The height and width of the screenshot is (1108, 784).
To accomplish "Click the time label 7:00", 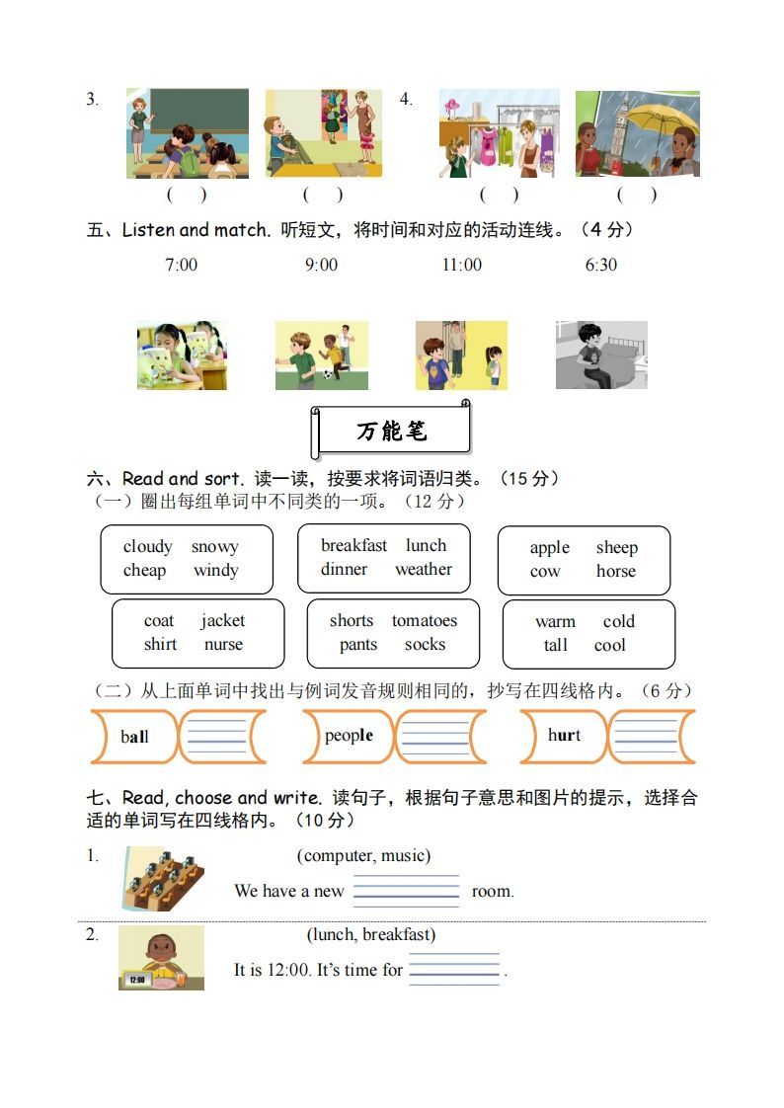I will pyautogui.click(x=181, y=265).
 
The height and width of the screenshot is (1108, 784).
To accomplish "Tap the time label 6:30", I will pyautogui.click(x=601, y=265).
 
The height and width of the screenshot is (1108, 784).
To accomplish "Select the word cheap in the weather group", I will pyautogui.click(x=144, y=571).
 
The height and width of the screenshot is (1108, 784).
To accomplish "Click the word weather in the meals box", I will pyautogui.click(x=424, y=570).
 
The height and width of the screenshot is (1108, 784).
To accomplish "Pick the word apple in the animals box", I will pyautogui.click(x=550, y=548).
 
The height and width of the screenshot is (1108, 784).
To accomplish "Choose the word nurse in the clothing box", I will pyautogui.click(x=223, y=645).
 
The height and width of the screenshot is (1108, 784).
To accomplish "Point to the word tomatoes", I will pyautogui.click(x=425, y=621).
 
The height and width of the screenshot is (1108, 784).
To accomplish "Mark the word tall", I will pyautogui.click(x=556, y=646).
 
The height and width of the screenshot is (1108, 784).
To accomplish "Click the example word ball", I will pyautogui.click(x=134, y=737).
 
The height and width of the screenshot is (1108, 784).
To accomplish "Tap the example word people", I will pyautogui.click(x=349, y=736).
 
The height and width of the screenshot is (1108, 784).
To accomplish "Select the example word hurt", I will pyautogui.click(x=564, y=736).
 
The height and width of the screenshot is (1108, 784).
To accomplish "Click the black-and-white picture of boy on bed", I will pyautogui.click(x=601, y=355).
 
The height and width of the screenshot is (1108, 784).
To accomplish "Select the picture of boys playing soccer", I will pyautogui.click(x=321, y=355).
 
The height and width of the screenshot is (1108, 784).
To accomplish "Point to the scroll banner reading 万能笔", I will pyautogui.click(x=392, y=432).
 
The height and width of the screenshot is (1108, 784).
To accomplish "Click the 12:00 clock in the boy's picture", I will pyautogui.click(x=136, y=981).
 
